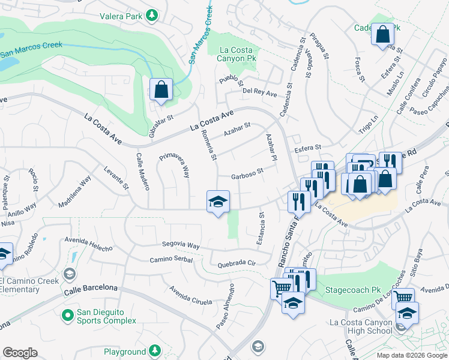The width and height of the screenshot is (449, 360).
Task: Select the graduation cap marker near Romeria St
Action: click(218, 202)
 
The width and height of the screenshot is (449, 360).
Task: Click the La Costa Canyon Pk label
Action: click(240, 54)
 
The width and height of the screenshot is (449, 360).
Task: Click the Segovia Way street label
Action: click(181, 245)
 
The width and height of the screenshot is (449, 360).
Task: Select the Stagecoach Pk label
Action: click(353, 290)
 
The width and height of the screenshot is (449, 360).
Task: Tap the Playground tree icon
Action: click(155, 350)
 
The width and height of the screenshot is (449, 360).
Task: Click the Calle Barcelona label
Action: click(91, 289)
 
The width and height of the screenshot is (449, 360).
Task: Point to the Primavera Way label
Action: click(175, 166)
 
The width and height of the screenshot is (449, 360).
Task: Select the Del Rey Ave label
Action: click(259, 93)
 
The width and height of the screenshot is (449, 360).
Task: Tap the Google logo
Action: click(20, 353)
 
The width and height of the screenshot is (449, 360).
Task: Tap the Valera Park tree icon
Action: click(154, 13)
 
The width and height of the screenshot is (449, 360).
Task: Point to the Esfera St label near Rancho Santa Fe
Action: click(307, 147)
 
